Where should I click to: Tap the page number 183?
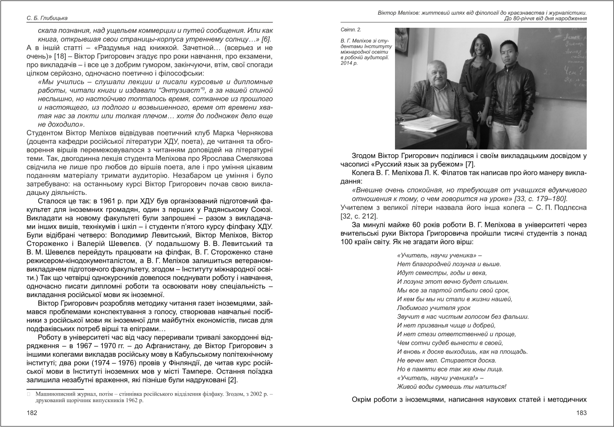[x=581, y=412]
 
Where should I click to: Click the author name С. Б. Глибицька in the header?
[x=47, y=18]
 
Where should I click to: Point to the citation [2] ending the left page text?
[x=232, y=380]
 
